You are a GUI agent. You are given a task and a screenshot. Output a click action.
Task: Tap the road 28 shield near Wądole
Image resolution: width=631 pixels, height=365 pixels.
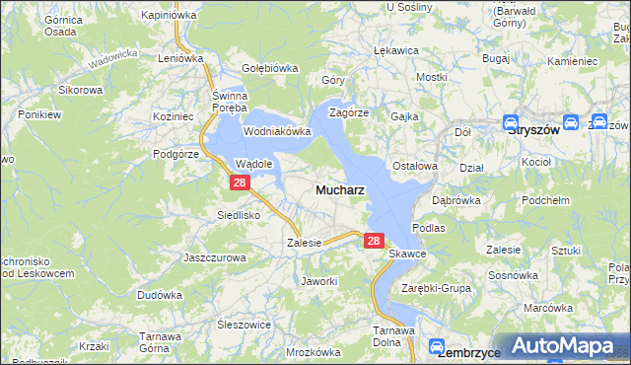click(240, 182)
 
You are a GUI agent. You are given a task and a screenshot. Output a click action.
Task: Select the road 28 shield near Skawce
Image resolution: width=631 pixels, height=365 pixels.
click(373, 240)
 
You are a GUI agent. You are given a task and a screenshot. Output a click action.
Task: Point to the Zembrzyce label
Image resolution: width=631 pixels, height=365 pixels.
click(469, 351)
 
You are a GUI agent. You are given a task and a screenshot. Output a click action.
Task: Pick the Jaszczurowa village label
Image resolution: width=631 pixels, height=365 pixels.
click(214, 257)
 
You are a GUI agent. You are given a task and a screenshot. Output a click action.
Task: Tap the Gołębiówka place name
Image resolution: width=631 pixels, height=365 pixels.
click(270, 68)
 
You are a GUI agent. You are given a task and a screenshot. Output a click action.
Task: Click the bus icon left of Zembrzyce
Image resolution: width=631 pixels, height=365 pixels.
click(436, 346)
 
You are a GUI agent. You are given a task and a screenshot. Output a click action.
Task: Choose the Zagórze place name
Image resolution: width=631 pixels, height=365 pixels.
click(349, 112)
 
